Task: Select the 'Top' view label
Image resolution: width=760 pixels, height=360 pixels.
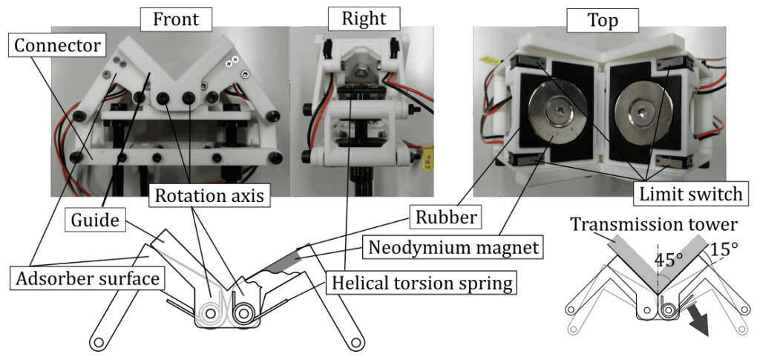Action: click(x=602, y=20)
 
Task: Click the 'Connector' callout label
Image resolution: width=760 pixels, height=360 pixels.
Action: click(x=57, y=46)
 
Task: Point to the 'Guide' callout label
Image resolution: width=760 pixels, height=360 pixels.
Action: click(x=95, y=220)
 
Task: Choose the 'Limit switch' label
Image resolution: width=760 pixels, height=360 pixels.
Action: click(x=691, y=194)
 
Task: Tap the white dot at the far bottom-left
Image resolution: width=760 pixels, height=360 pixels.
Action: click(x=99, y=342)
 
